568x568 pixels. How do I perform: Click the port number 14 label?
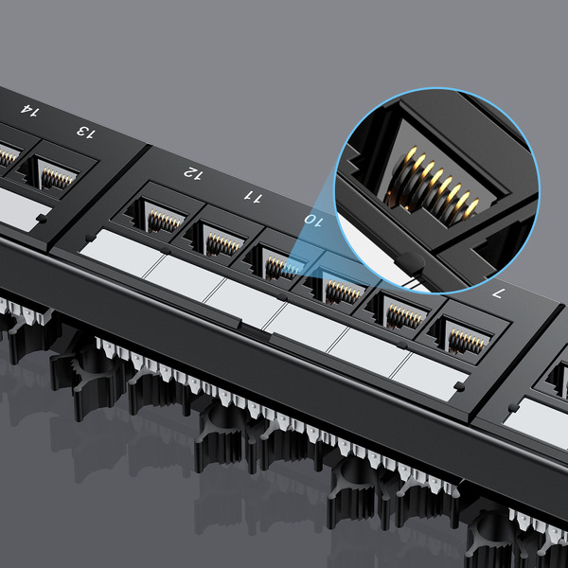[x=29, y=112]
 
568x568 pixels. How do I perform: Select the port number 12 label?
[x=193, y=173]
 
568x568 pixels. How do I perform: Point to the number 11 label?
[x=252, y=196]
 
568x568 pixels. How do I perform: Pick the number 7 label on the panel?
[x=497, y=293]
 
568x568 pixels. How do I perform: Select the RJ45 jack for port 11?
[x=219, y=240]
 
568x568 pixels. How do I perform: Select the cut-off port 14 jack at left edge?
[x=8, y=155]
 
